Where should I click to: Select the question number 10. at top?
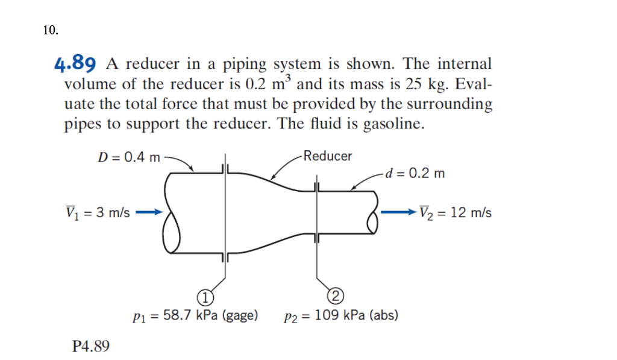click(x=51, y=31)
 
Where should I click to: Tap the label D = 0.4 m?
click(x=129, y=157)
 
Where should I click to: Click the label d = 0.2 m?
click(x=416, y=174)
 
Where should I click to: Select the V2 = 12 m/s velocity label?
click(x=456, y=213)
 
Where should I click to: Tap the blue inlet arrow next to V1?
click(x=149, y=212)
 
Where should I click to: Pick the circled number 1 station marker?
click(x=205, y=297)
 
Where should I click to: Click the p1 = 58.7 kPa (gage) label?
click(x=195, y=315)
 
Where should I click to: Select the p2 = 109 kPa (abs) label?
click(x=340, y=315)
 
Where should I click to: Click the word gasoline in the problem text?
click(x=395, y=125)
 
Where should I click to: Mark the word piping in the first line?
click(x=246, y=64)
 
